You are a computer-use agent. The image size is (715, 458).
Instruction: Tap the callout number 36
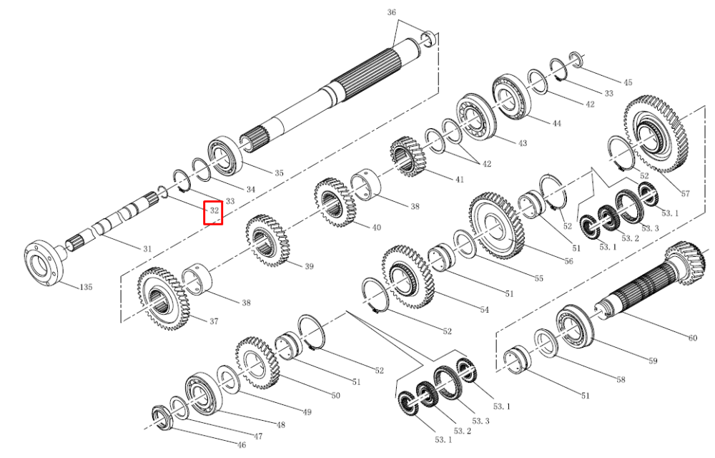click(391, 12)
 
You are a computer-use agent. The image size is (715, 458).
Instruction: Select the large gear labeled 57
click(656, 134)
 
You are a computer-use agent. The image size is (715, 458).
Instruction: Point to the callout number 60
click(693, 338)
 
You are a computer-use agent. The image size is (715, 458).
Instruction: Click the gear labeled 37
click(162, 299)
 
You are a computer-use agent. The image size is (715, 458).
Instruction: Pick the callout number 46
click(241, 445)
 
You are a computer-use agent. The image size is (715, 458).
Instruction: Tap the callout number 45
click(628, 82)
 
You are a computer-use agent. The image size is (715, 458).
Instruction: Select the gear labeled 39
click(267, 240)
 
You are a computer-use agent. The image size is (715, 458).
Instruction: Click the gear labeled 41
click(408, 157)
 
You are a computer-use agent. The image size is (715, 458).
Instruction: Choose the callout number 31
click(147, 249)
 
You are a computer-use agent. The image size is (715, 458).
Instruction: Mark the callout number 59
click(653, 361)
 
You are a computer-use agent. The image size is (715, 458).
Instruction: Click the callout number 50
click(335, 396)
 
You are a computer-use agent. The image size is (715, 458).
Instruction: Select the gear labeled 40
click(335, 203)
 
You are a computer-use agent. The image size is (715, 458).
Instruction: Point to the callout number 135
click(87, 287)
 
